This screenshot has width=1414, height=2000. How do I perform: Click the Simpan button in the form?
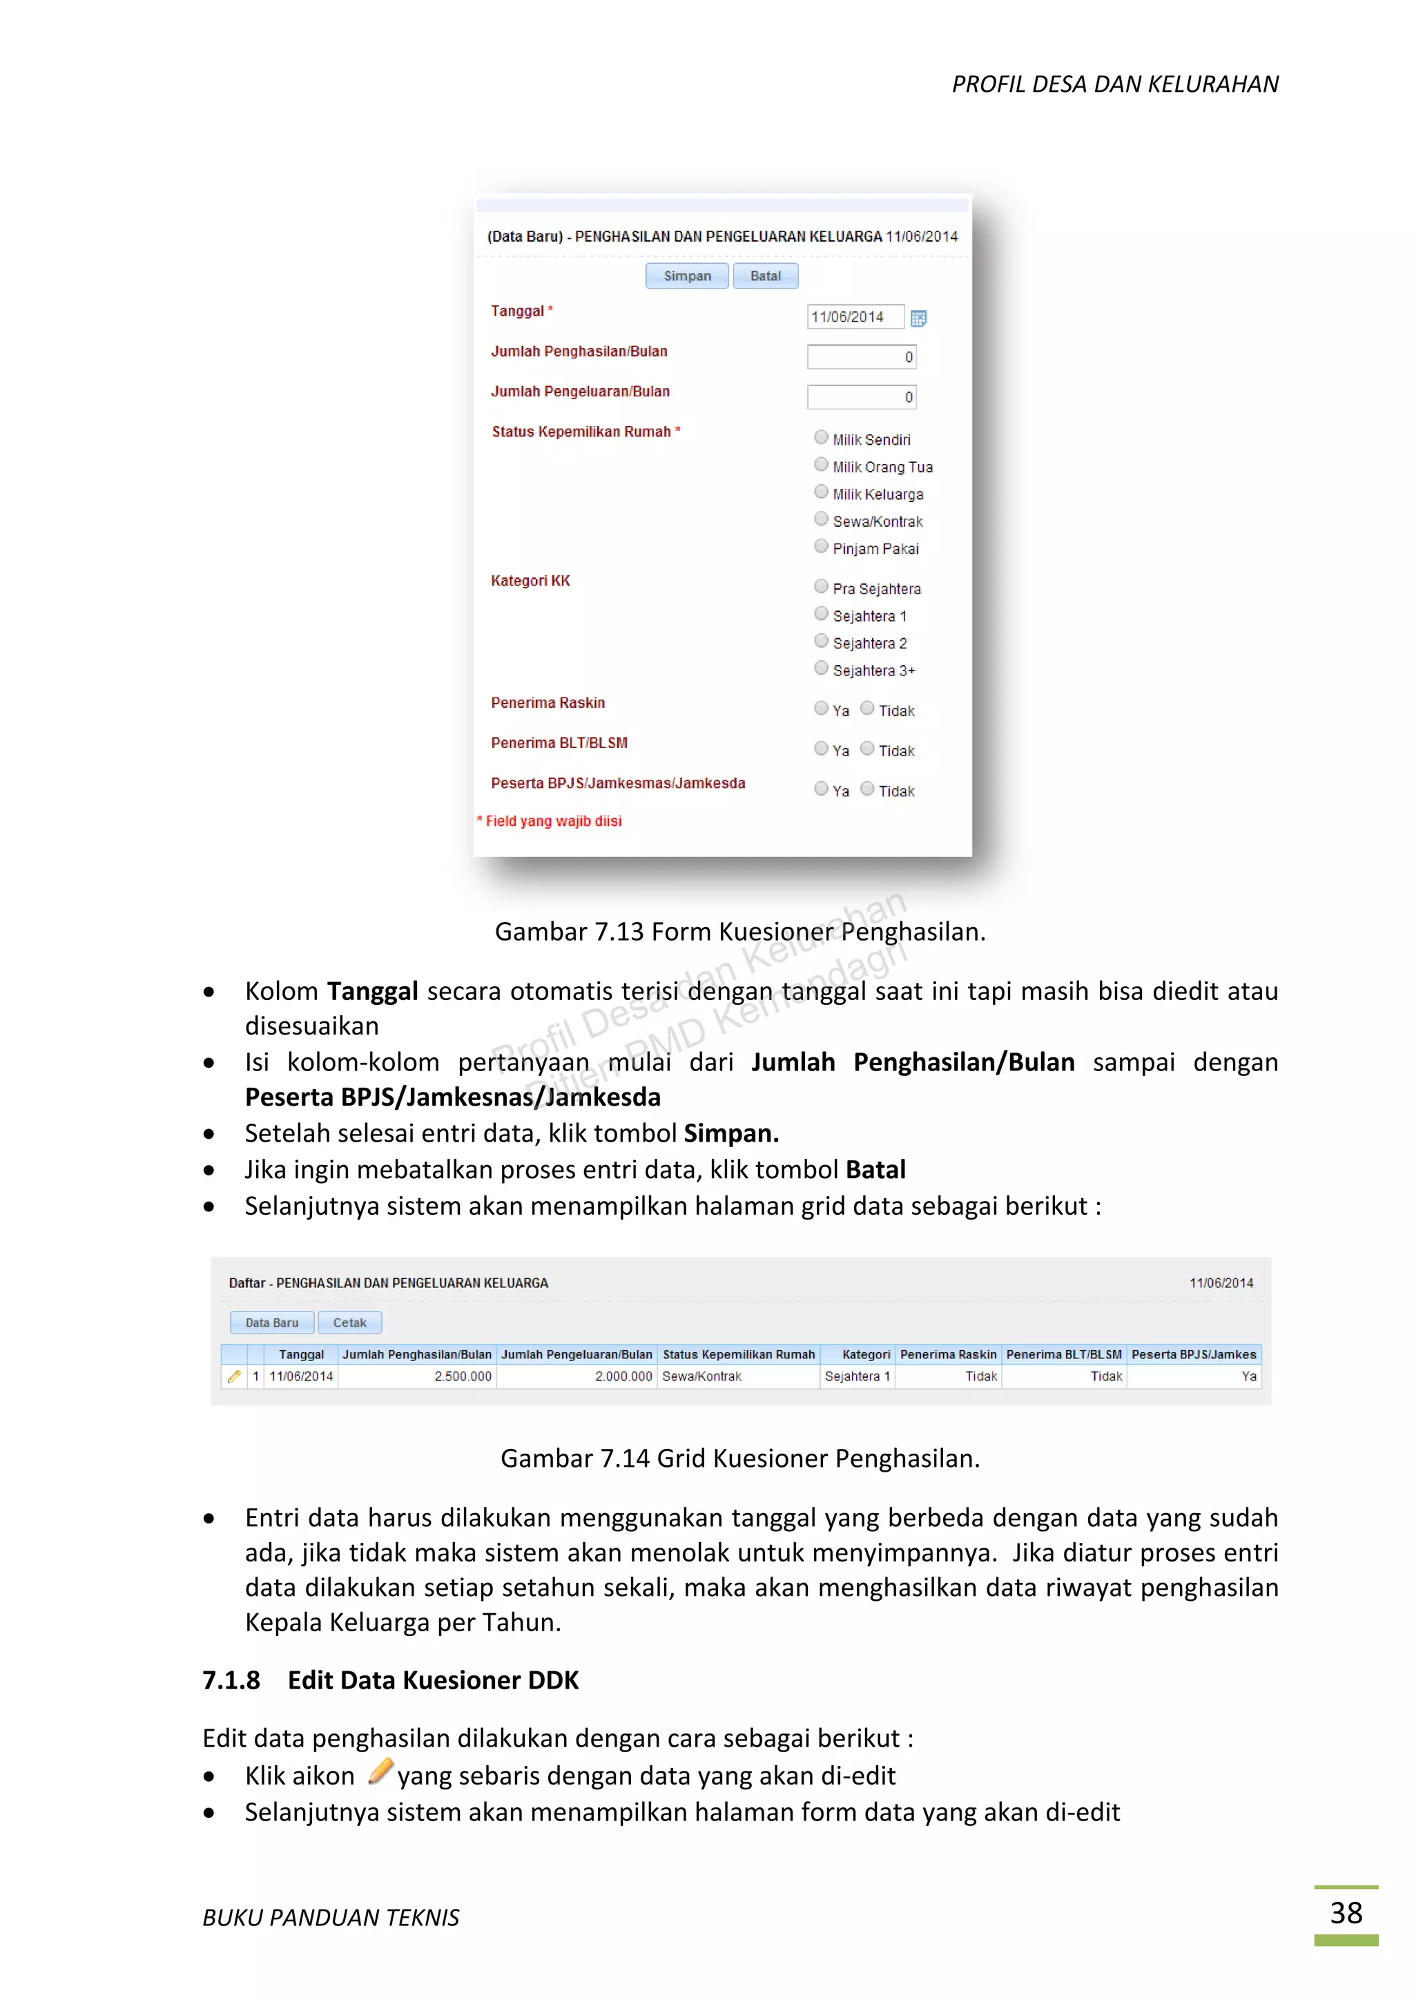(687, 276)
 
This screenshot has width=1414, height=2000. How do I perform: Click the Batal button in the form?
(765, 276)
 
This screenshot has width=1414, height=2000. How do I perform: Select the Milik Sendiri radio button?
(821, 437)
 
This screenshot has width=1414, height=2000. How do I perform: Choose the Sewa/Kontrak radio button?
(821, 519)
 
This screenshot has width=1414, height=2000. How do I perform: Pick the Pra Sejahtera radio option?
(821, 586)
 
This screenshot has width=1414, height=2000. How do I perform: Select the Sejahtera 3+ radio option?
(821, 668)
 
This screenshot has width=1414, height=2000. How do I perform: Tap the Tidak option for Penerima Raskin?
(867, 708)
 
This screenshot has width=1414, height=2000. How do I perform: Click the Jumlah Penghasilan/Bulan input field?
(861, 357)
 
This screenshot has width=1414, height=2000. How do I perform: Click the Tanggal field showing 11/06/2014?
(854, 317)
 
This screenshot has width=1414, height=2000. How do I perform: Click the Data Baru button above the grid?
(271, 1323)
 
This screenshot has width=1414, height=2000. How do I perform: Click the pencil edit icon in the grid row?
(234, 1376)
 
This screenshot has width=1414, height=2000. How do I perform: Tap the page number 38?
(1345, 1913)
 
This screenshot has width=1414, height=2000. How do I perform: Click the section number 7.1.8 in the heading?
(231, 1680)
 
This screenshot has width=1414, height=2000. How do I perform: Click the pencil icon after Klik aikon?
(380, 1772)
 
